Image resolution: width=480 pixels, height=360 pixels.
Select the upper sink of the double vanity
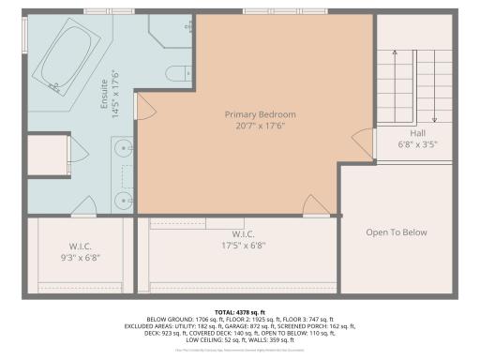tap(121, 148)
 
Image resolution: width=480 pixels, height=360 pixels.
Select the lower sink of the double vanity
tap(121, 198)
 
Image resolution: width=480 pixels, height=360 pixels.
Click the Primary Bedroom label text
tap(253, 114)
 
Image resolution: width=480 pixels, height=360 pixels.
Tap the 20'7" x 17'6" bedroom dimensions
tap(253, 127)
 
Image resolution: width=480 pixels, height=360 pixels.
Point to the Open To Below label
tap(397, 232)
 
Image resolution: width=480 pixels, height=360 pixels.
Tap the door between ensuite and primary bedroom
tap(141, 108)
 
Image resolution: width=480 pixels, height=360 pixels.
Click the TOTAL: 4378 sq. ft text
tap(240, 310)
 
